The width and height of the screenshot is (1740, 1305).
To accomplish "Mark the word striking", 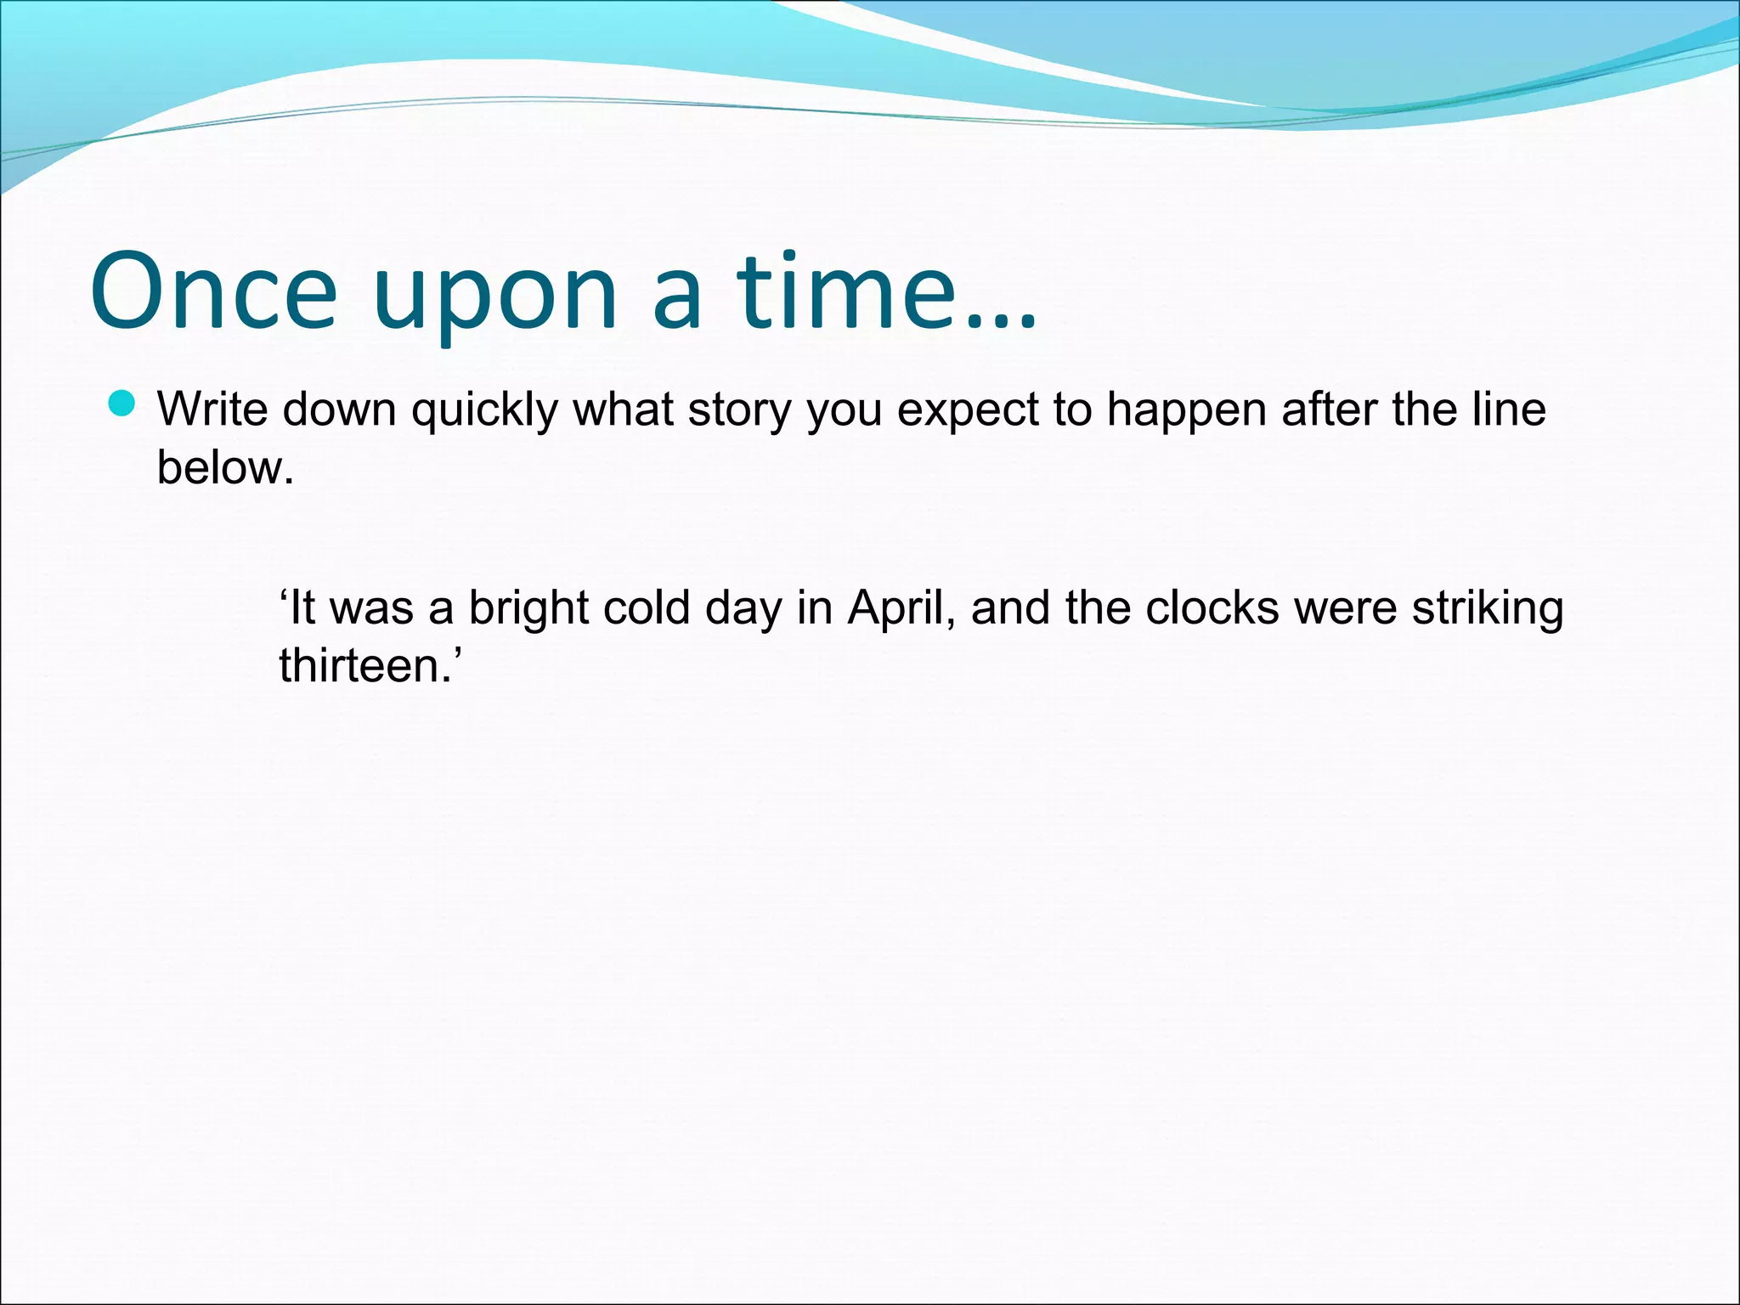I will coord(1487,609).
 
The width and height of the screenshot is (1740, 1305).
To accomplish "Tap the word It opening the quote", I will coord(302,607).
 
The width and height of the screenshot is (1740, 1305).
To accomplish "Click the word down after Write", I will coord(340,410).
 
